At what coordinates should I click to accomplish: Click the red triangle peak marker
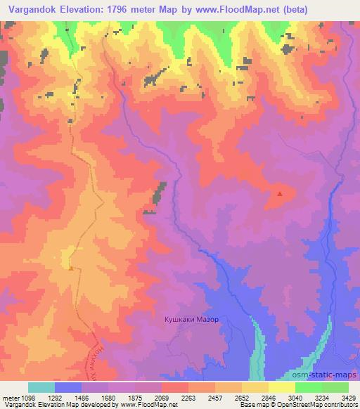point(280,194)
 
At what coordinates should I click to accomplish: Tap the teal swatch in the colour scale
point(41,387)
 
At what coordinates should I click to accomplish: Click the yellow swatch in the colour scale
point(281,387)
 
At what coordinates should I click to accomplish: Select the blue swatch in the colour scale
point(68,387)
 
